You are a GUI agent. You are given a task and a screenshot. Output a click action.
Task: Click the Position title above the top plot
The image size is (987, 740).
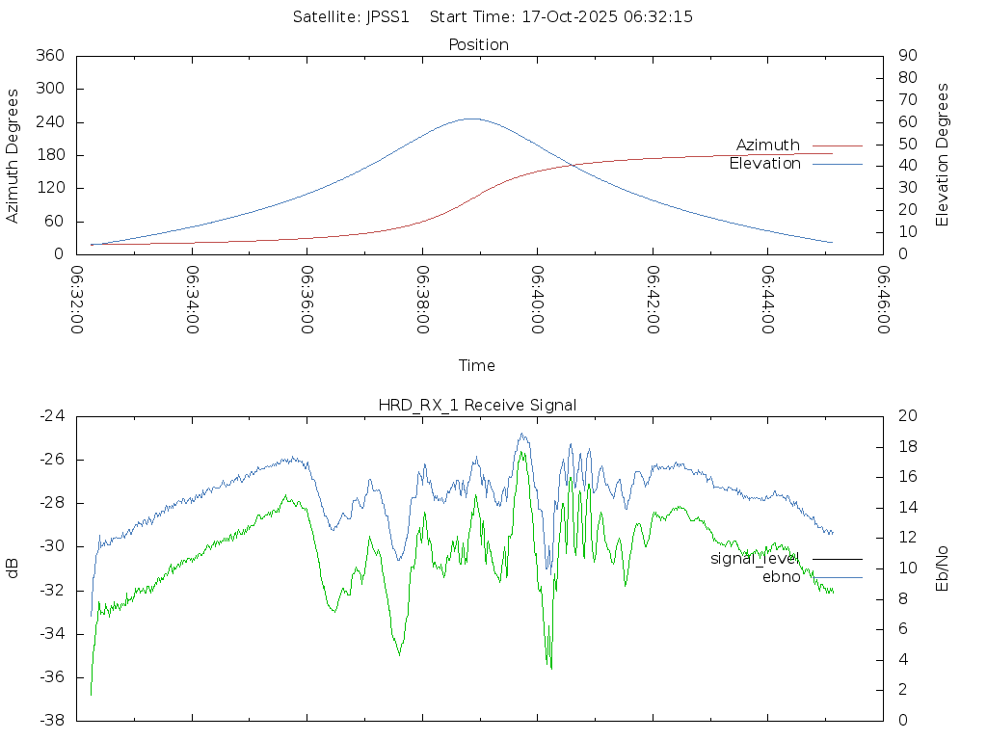point(479,44)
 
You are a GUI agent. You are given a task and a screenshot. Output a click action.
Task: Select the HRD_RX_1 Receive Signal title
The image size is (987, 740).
point(477,405)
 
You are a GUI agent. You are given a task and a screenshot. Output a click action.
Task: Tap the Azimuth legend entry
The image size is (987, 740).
point(768,145)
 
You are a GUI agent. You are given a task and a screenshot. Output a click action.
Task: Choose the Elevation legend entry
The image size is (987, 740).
point(764,164)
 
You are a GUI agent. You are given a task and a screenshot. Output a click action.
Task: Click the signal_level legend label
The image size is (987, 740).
point(755,558)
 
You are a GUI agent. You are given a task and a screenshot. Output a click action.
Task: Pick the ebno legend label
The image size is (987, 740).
point(781,577)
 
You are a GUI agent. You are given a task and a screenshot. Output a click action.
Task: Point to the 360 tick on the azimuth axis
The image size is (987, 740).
point(49,56)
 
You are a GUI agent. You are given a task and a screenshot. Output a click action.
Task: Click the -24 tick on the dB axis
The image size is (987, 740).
point(51,416)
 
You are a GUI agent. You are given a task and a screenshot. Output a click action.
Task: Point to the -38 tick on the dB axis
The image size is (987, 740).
point(51,720)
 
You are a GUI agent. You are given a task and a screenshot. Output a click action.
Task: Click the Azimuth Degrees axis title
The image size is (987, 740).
point(13,155)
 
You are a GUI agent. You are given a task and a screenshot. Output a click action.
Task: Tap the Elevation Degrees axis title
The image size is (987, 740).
point(943,155)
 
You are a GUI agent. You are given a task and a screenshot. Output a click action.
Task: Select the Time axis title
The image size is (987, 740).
point(477,365)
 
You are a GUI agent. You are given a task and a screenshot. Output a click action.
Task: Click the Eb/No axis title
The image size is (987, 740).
point(943,568)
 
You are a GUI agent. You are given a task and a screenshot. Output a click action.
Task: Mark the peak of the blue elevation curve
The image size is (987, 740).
point(471,119)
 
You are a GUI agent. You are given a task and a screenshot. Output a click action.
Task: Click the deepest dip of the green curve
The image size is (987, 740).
point(551,668)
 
